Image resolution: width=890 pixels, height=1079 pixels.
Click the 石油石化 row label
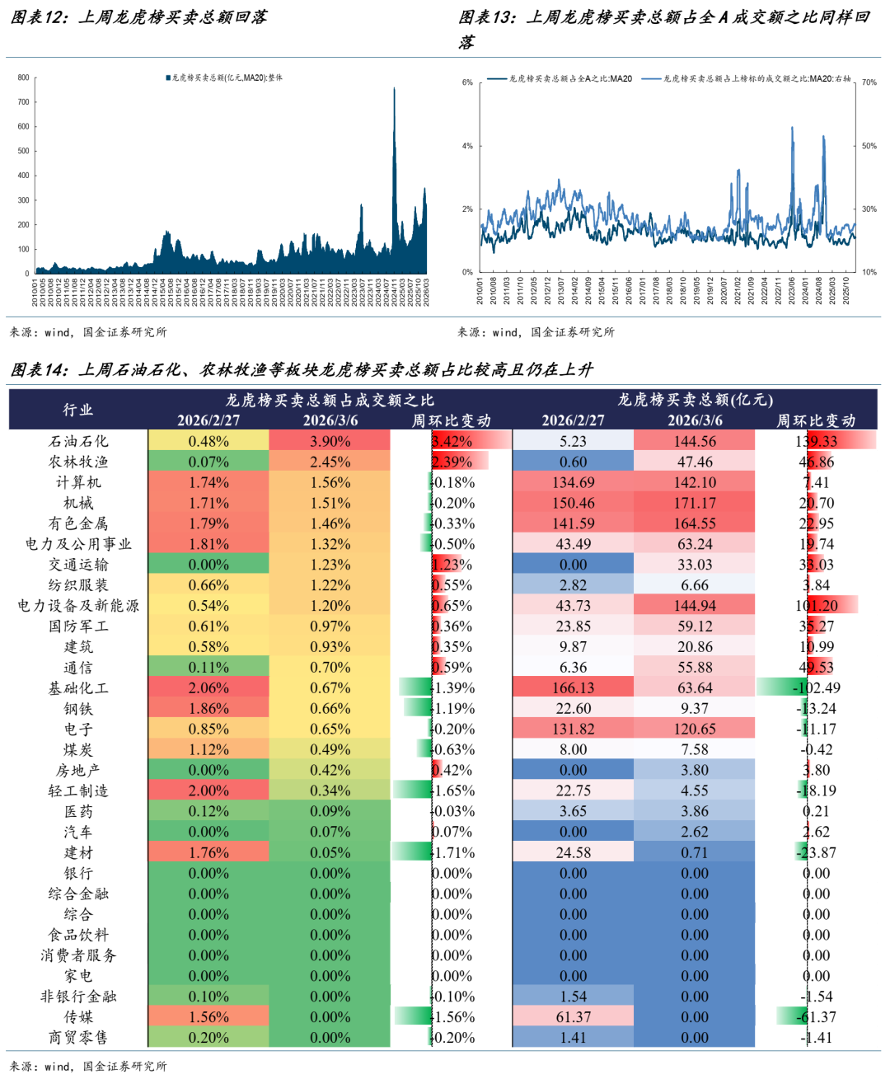pyautogui.click(x=78, y=441)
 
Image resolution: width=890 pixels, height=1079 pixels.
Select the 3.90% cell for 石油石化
pyautogui.click(x=330, y=441)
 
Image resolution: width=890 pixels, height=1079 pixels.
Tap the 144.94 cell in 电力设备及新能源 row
pyautogui.click(x=695, y=606)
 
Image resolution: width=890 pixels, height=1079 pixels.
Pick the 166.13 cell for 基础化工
pyautogui.click(x=573, y=688)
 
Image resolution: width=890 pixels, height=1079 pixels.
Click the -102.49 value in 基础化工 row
pyautogui.click(x=816, y=688)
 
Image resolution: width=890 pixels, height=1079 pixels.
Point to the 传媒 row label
pyautogui.click(x=78, y=1017)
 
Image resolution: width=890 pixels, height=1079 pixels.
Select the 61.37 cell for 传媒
pyautogui.click(x=573, y=1017)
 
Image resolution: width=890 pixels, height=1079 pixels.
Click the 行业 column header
pyautogui.click(x=78, y=410)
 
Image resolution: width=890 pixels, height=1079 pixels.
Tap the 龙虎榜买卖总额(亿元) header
pyautogui.click(x=695, y=400)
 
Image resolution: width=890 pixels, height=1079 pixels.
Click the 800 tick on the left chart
pyautogui.click(x=23, y=77)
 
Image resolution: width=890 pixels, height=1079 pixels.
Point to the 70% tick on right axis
pyautogui.click(x=869, y=82)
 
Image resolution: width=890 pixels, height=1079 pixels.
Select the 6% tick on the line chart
pyautogui.click(x=467, y=82)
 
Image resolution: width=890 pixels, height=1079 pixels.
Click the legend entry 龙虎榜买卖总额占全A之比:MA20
pyautogui.click(x=560, y=79)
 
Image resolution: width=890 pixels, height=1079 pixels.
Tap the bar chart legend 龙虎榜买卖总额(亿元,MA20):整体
pyautogui.click(x=225, y=78)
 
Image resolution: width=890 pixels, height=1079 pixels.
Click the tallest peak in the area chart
pyautogui.click(x=394, y=89)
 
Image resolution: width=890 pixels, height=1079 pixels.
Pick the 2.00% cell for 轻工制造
pyautogui.click(x=208, y=791)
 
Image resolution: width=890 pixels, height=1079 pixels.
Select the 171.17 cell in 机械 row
pyautogui.click(x=695, y=503)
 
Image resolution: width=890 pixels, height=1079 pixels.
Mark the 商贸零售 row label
pyautogui.click(x=78, y=1038)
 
